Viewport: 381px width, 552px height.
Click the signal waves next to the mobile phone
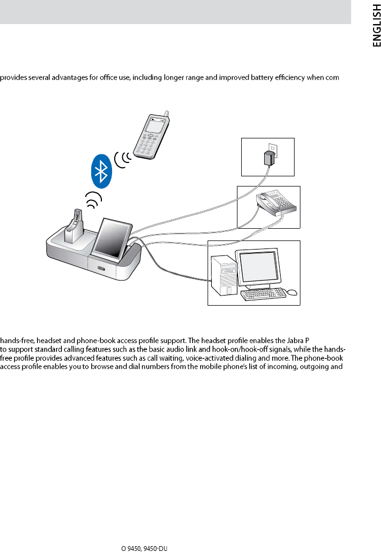[122, 159]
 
